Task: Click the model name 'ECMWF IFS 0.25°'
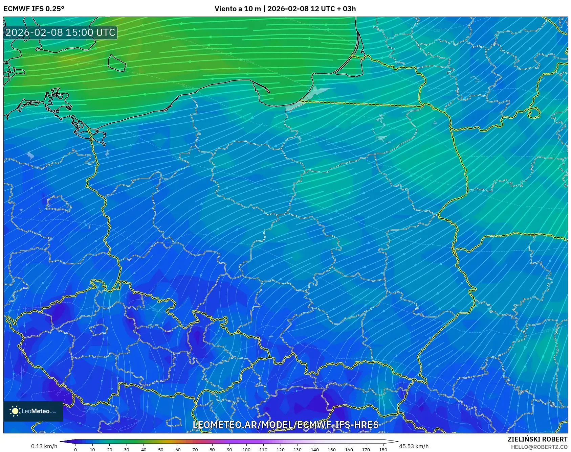coord(34,9)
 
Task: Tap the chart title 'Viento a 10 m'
coord(237,9)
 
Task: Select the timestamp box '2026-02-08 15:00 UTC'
coord(60,32)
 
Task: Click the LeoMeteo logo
coord(33,411)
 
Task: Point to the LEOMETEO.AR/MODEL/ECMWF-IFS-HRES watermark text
coord(285,425)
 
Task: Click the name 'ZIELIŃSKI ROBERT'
coord(537,439)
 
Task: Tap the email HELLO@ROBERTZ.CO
coord(539,447)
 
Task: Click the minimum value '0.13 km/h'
coord(44,446)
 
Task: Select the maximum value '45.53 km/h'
coord(414,446)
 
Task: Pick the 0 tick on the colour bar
coord(75,449)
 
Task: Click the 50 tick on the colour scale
coord(161,449)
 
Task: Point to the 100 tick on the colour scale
coord(246,449)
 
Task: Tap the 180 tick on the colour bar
coord(383,449)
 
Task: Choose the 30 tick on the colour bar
coord(127,449)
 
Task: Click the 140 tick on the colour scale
coord(315,449)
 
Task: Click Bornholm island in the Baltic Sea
coord(117,63)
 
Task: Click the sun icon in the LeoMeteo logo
coord(15,411)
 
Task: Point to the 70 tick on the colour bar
coord(195,449)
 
